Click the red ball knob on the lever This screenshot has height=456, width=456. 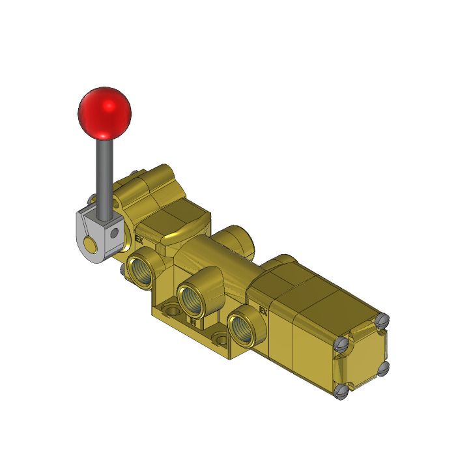point(104,111)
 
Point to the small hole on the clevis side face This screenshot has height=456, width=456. point(115,231)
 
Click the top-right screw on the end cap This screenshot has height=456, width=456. point(383,320)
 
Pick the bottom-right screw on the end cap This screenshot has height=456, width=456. point(383,369)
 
